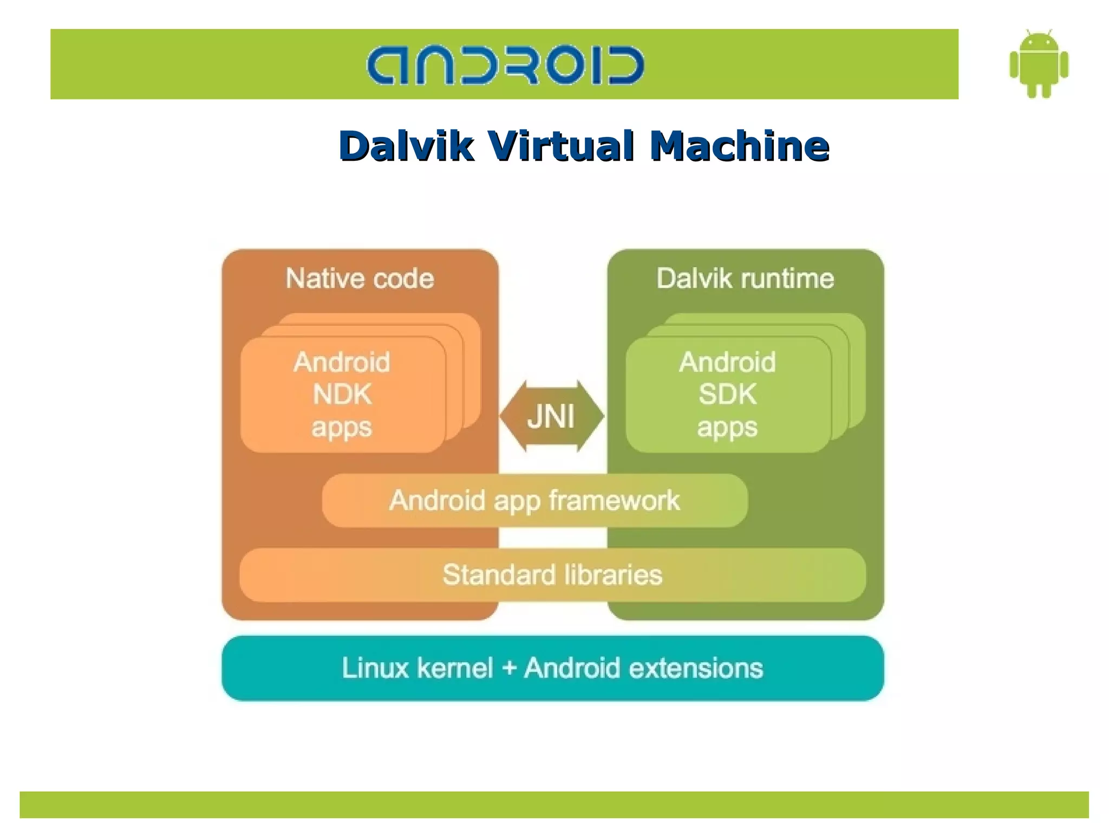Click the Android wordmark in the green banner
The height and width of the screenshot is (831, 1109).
[505, 65]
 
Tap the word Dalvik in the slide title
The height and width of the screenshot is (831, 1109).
[406, 146]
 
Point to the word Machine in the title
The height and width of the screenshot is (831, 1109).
[739, 146]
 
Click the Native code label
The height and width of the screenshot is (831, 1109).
[360, 279]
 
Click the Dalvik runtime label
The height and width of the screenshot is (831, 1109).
[745, 279]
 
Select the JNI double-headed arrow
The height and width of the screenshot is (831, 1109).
[551, 416]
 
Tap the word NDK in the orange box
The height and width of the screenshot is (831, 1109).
[342, 394]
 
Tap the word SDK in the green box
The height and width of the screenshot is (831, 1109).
[727, 394]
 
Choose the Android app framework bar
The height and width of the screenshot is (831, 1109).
[534, 501]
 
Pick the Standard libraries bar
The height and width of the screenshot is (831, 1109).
[552, 575]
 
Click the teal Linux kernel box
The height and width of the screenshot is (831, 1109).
[552, 668]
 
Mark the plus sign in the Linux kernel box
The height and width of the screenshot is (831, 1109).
[508, 669]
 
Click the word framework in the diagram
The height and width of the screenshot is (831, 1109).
[615, 501]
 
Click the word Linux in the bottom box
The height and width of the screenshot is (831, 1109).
[375, 668]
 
